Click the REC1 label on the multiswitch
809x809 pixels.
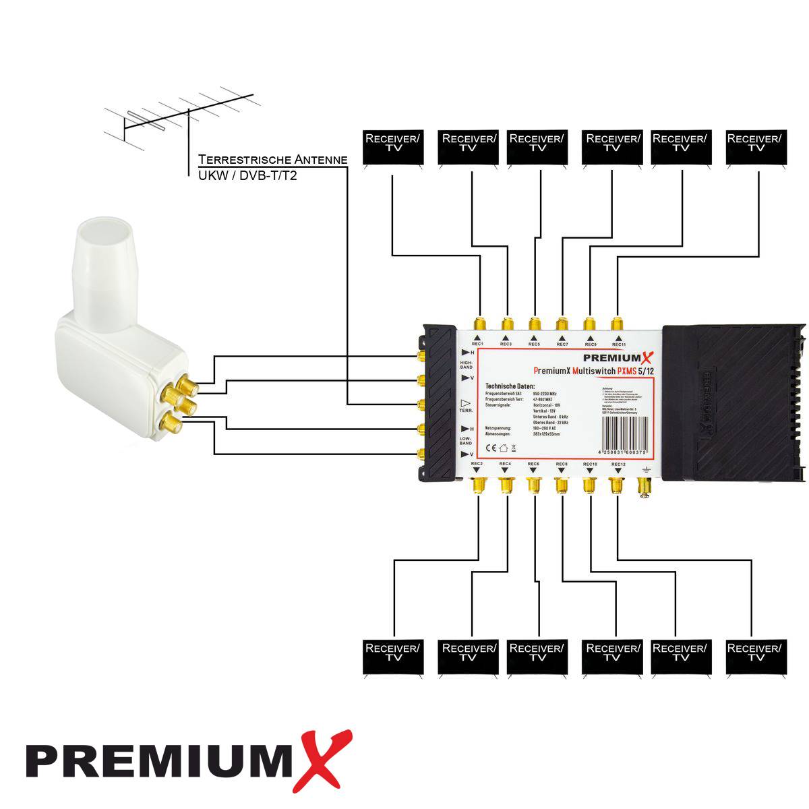[x=477, y=344]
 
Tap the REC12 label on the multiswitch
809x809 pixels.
[x=618, y=465]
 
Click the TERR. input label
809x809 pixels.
[x=466, y=410]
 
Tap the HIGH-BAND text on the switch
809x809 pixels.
[x=467, y=365]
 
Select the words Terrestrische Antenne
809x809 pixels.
[x=272, y=160]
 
